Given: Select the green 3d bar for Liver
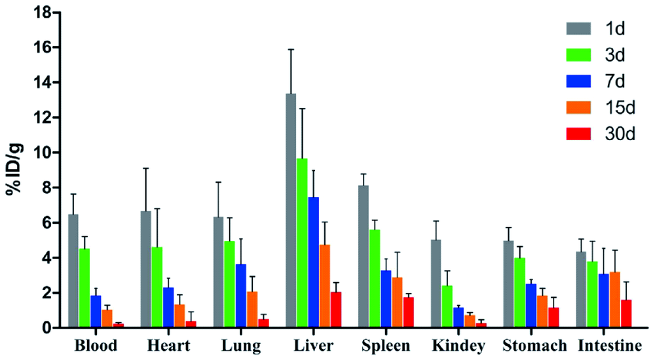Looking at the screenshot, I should tap(303, 243).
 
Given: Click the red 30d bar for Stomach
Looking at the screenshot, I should tap(553, 317).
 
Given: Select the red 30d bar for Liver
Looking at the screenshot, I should tap(336, 310).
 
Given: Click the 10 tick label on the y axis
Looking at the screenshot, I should tap(44, 153).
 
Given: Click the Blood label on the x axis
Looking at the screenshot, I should tap(96, 345).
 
